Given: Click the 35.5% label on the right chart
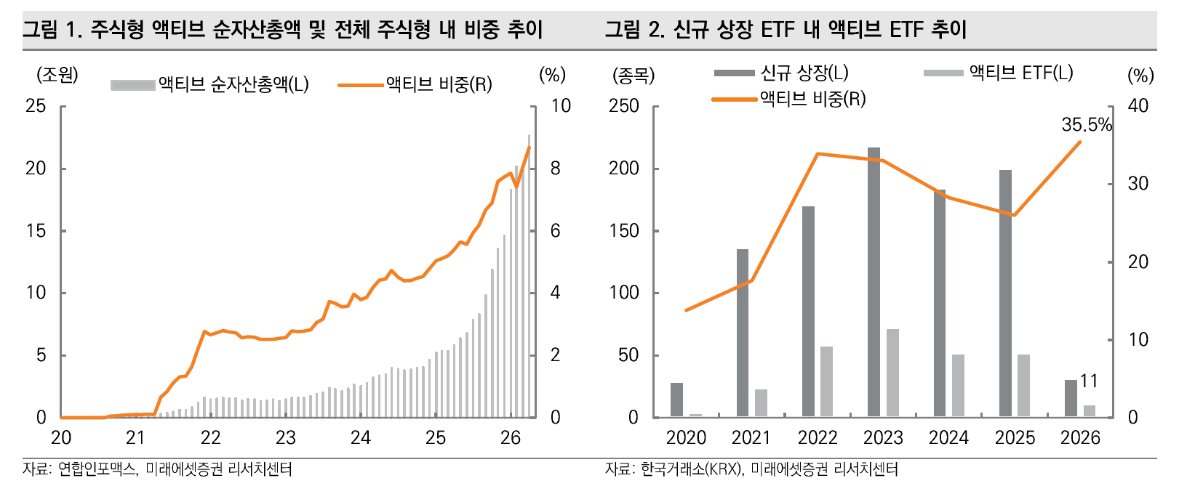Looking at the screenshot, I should [x=1086, y=125].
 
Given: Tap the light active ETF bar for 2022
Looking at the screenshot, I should [x=826, y=381].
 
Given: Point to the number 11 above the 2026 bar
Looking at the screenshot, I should [x=1089, y=381].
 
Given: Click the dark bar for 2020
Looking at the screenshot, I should [x=676, y=400].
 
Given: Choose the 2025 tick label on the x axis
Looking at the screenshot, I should [x=1015, y=438].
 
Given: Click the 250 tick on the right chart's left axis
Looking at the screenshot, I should [x=624, y=106].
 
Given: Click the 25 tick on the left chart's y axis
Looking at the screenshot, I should [x=36, y=106].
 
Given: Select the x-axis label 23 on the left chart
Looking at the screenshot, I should [x=285, y=438].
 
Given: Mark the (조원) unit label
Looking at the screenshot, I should [x=57, y=75].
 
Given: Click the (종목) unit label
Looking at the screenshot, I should [x=634, y=75].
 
